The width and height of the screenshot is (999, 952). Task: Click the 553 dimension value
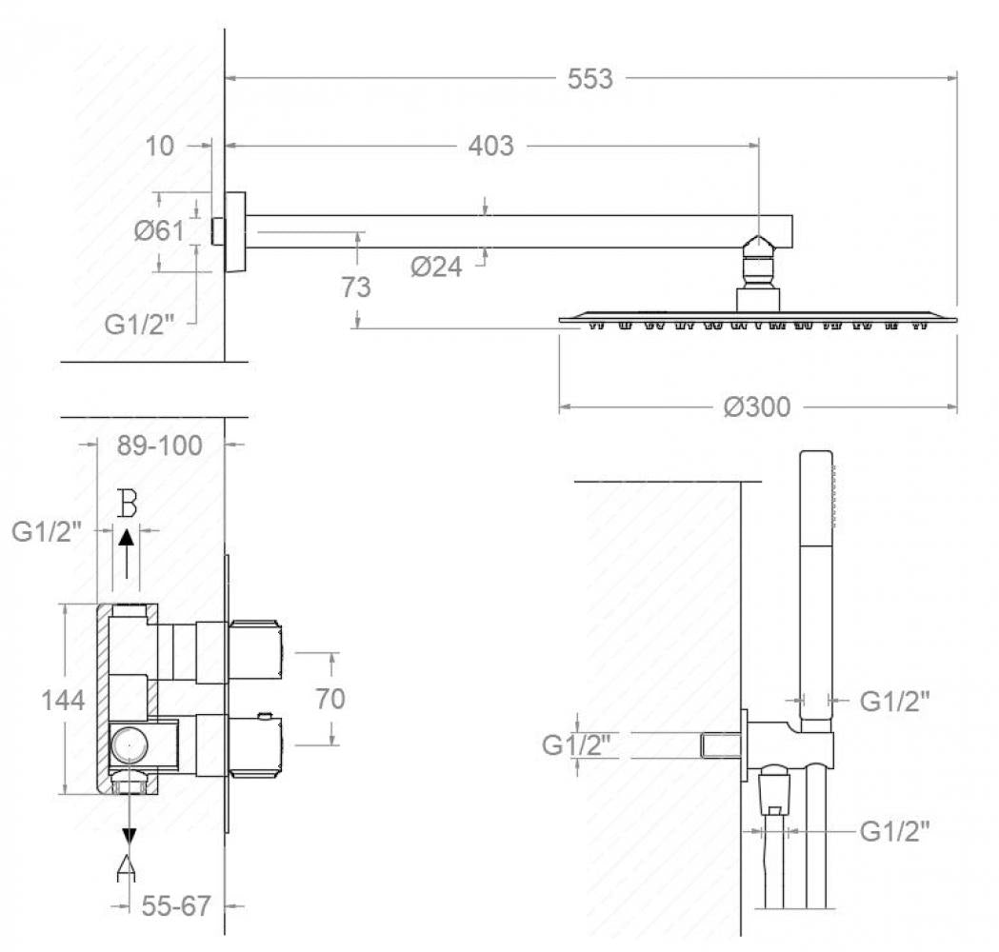click(589, 79)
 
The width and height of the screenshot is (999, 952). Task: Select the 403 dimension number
click(490, 146)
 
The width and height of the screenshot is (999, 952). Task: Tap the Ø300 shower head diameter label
click(757, 407)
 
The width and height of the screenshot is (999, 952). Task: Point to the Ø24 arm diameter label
click(436, 267)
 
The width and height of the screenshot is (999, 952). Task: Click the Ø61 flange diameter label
click(159, 229)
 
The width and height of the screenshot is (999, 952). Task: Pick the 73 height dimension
click(355, 288)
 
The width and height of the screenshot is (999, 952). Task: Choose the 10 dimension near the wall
click(159, 146)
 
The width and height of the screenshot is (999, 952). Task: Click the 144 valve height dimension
click(63, 701)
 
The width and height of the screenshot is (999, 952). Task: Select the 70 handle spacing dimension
click(330, 699)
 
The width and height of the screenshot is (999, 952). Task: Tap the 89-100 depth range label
click(159, 446)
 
